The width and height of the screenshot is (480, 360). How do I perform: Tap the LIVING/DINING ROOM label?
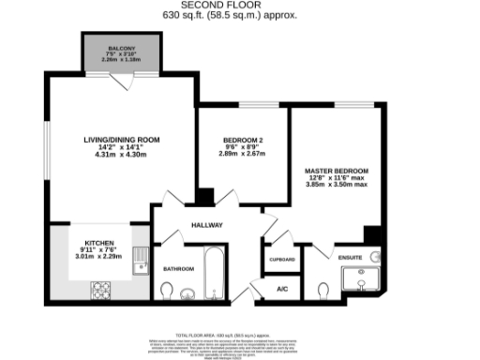click(x=122, y=139)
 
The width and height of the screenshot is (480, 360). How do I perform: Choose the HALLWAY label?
click(x=207, y=225)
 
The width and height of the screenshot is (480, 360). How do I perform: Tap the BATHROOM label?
click(x=178, y=269)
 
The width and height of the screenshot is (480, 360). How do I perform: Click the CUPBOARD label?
click(x=282, y=259)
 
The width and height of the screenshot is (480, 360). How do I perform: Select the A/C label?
click(x=282, y=290)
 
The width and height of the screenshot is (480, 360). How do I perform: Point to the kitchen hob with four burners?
click(x=100, y=291)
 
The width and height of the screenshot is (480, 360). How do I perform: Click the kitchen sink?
click(x=141, y=260)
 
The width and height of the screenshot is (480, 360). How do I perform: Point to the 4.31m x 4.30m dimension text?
click(x=122, y=155)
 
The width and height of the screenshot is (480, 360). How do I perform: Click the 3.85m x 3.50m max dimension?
click(x=338, y=184)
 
